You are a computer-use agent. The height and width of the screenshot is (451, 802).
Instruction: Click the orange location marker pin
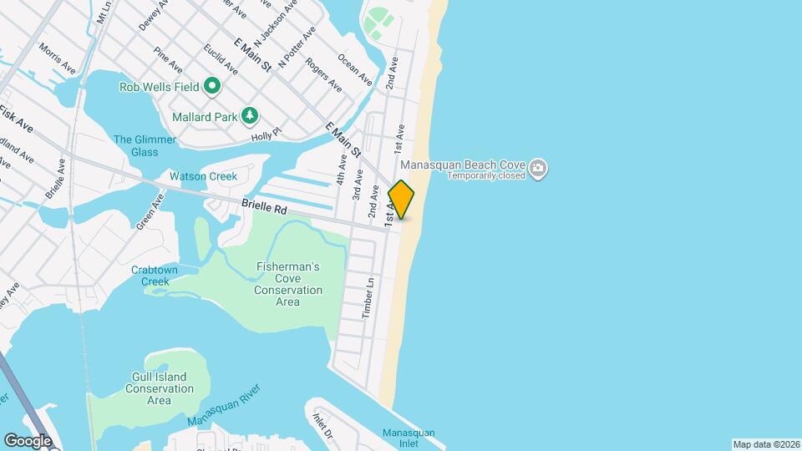pyautogui.click(x=401, y=200)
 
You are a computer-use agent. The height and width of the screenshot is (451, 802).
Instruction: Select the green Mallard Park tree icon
pyautogui.click(x=249, y=115)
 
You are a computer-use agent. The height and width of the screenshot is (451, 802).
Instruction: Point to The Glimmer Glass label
pyautogui.click(x=145, y=145)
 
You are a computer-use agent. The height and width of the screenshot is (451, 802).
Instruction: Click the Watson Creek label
pyautogui.click(x=203, y=176)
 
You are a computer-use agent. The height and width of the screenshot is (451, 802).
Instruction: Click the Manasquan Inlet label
pyautogui.click(x=409, y=438)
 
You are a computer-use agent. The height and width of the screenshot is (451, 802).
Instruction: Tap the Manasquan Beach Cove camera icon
pyautogui.click(x=539, y=167)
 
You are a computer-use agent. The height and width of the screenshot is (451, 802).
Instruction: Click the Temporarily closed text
pyautogui.click(x=485, y=176)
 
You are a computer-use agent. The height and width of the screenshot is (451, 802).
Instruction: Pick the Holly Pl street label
pyautogui.click(x=266, y=134)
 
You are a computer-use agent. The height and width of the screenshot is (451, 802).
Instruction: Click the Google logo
pyautogui.click(x=28, y=441)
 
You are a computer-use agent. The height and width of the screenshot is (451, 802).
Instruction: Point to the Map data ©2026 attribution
pyautogui.click(x=764, y=444)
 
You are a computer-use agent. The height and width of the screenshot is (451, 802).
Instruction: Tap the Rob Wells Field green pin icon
pyautogui.click(x=212, y=85)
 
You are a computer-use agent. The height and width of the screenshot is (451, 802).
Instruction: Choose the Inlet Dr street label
pyautogui.click(x=322, y=427)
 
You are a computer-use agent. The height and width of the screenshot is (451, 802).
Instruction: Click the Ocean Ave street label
pyautogui.click(x=354, y=70)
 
